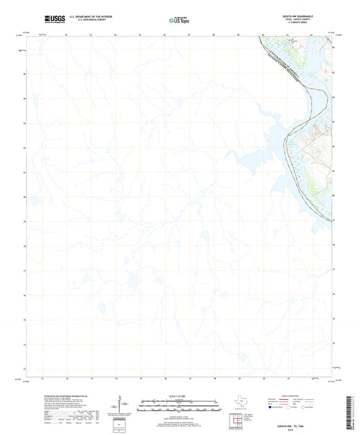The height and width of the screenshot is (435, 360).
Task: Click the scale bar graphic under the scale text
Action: (180, 403)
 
